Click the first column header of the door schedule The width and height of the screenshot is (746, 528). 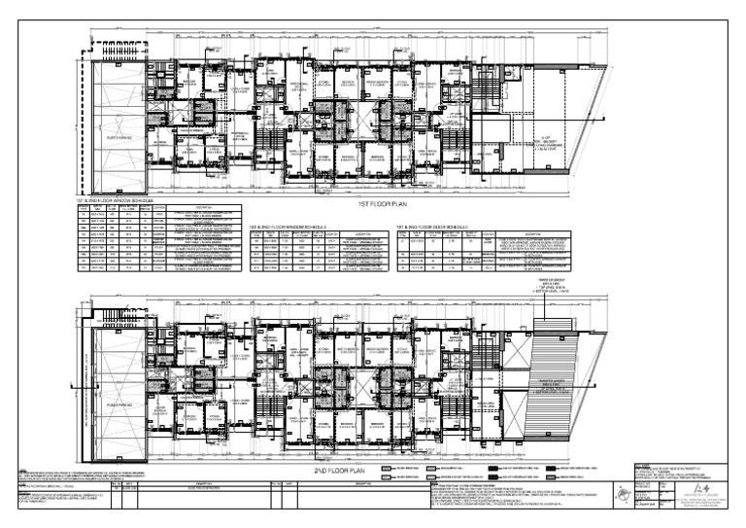[x=402, y=234]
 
